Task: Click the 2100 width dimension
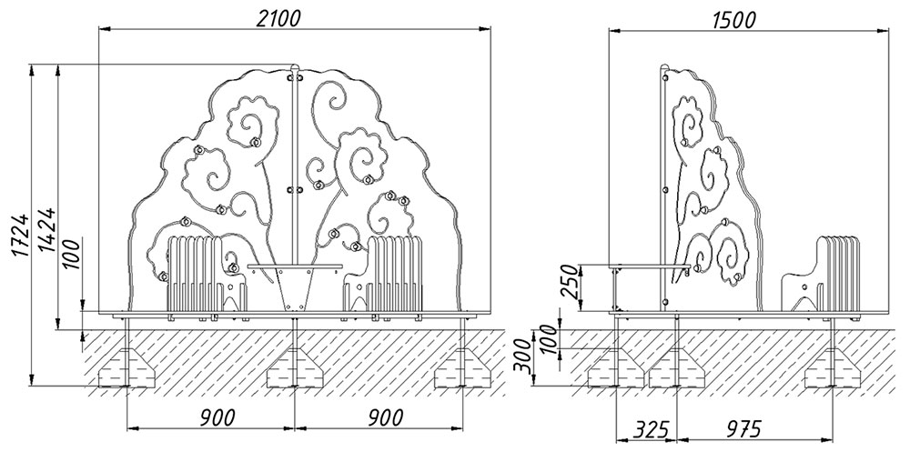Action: tap(278, 18)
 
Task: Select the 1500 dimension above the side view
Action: tap(733, 20)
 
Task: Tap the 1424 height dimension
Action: tap(47, 229)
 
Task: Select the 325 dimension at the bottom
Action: tap(648, 430)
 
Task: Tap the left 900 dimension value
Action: tap(218, 417)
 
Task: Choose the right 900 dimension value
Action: tap(386, 417)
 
